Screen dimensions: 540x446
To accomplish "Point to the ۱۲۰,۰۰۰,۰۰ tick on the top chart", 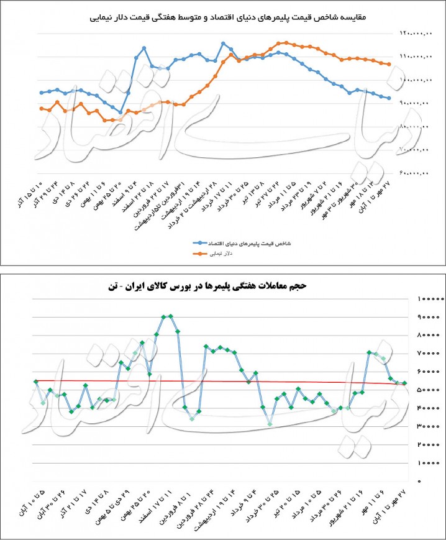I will [414, 33].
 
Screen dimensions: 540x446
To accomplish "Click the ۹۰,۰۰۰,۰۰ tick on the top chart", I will [415, 103].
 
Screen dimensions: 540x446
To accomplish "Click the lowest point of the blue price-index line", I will [120, 112].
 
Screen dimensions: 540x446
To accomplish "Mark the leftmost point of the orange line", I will [41, 108].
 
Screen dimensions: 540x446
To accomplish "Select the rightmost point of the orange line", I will [389, 65].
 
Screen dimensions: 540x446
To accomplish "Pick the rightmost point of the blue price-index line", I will [389, 98].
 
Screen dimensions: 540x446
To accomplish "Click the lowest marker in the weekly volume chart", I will [270, 424].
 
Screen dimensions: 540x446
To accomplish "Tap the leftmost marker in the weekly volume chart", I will [36, 382].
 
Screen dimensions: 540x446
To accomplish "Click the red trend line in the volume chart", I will [217, 382].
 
